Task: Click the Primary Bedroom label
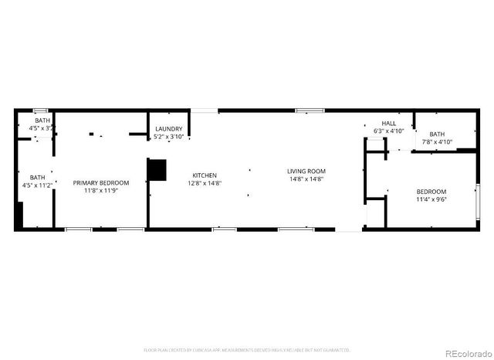[x=101, y=183]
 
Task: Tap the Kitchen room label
[x=205, y=175]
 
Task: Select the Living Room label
[x=306, y=171]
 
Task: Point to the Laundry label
[x=169, y=129]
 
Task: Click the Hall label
[x=388, y=124]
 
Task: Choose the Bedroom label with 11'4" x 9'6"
[x=431, y=192]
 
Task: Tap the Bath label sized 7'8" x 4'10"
[x=437, y=134]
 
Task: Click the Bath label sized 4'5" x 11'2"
[x=37, y=178]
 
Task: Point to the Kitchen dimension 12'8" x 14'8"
[x=205, y=184]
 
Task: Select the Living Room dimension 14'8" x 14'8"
[x=306, y=179]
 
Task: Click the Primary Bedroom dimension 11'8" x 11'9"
[x=101, y=191]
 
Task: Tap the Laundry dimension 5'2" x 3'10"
[x=169, y=137]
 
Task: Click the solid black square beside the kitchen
[x=157, y=170]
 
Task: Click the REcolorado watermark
[x=462, y=352]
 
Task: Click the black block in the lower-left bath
[x=19, y=216]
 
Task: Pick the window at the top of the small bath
[x=40, y=111]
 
